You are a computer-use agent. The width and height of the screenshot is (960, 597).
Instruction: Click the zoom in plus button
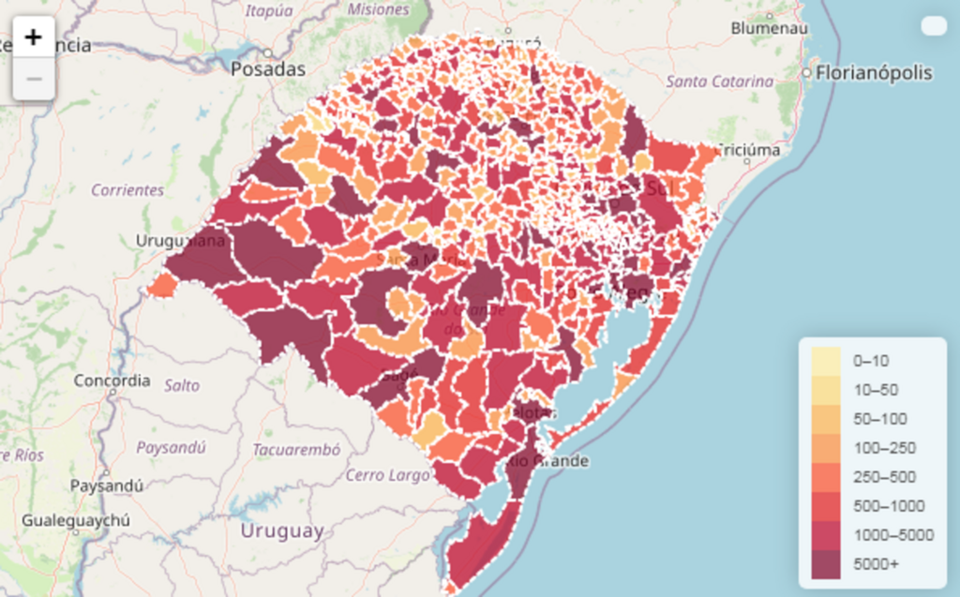coord(34,37)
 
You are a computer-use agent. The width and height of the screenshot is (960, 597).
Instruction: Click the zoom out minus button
coord(34,80)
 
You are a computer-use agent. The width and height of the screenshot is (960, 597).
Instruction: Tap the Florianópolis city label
coord(874,73)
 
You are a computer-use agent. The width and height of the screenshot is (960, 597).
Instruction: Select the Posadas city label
coord(268,69)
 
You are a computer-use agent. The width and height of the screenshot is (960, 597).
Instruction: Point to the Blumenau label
coord(769,28)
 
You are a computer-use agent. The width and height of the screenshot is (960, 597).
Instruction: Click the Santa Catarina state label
coord(719,82)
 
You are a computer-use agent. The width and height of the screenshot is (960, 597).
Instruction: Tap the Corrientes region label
coord(127,190)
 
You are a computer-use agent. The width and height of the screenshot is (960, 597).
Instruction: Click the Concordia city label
coord(112,381)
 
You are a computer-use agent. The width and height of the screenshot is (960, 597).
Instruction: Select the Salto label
coord(182,385)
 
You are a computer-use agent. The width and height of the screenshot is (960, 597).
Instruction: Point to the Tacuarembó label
coord(296,449)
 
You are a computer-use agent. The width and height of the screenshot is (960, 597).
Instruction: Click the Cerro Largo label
coord(387,475)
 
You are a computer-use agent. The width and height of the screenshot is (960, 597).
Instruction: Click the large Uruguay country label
coord(281,530)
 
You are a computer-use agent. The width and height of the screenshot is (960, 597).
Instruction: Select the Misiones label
coord(378,9)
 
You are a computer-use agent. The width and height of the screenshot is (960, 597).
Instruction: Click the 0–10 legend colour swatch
coord(826,361)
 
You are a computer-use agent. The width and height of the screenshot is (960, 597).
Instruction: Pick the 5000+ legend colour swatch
coord(826,564)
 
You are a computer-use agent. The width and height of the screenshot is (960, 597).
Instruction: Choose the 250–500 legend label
coord(884,477)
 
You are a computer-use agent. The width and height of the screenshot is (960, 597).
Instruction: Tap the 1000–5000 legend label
coord(892,535)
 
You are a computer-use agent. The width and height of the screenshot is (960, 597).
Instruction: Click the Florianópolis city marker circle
coord(805,73)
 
